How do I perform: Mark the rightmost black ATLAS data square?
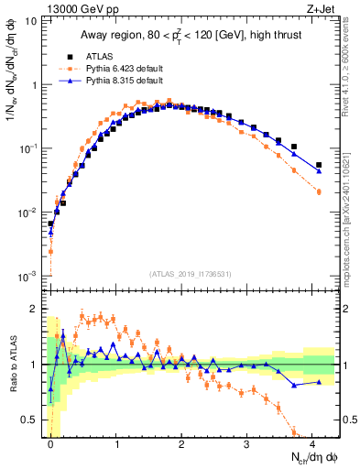(319, 166)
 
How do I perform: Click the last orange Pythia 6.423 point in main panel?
(319, 191)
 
